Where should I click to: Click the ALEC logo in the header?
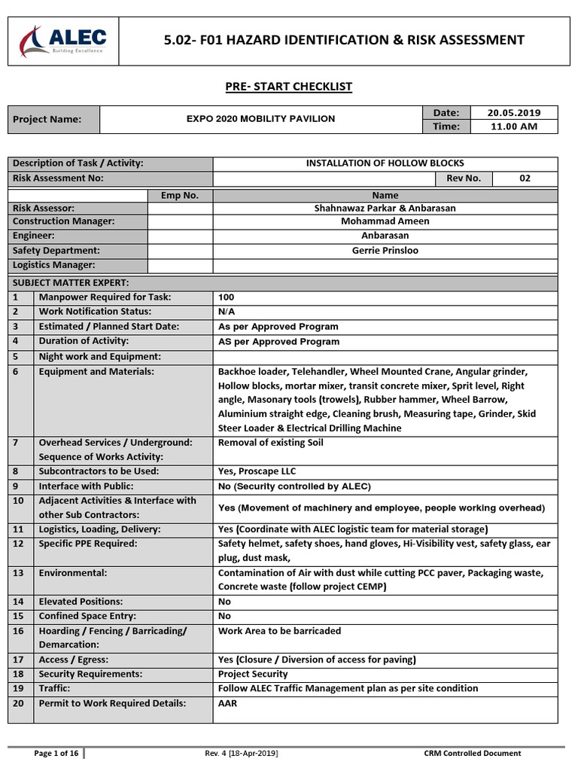coord(64,40)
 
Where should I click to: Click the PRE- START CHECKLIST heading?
coord(289,87)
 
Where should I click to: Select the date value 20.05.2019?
coord(513,113)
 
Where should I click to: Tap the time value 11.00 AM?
coord(513,126)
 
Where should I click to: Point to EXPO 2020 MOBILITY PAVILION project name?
coord(260,119)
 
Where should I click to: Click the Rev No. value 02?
coord(525,178)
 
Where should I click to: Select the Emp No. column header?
coord(180,195)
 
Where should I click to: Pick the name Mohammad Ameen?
coord(385,221)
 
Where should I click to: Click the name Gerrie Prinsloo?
coord(385,250)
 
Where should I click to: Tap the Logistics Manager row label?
coord(54,265)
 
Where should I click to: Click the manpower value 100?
coord(227,297)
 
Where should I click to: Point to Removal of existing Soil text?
coord(270,443)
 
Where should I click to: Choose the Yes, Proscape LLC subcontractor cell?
coord(257,471)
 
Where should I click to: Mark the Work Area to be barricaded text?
coord(279,631)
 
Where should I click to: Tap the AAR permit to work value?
coord(227,703)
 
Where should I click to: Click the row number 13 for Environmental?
coord(19,573)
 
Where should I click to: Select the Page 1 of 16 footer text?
coord(56,753)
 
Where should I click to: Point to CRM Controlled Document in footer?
coord(472,753)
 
